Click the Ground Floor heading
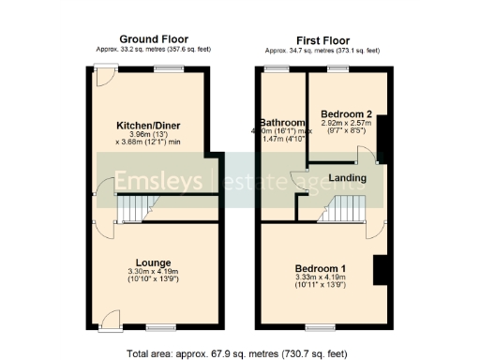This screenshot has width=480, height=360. (149, 38)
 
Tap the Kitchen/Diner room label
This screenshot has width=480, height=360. (148, 125)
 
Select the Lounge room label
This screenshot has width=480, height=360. (152, 262)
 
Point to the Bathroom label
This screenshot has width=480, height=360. (283, 123)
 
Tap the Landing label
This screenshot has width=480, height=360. (347, 178)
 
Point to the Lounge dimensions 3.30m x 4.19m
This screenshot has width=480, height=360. (152, 272)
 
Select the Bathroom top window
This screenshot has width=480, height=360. (277, 69)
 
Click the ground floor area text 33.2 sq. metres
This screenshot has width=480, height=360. (148, 49)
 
